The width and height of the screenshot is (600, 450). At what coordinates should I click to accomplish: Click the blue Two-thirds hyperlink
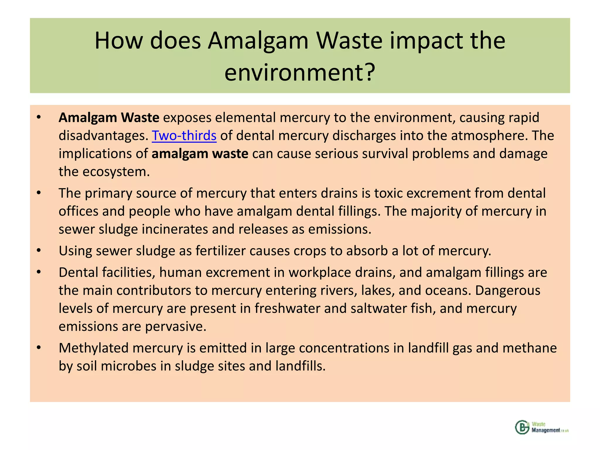pos(184,136)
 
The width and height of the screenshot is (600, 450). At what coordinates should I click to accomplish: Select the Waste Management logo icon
pos(522,427)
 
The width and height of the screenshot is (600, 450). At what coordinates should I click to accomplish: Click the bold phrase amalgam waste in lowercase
pos(200,154)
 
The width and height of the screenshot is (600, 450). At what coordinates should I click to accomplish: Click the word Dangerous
pos(507,291)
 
